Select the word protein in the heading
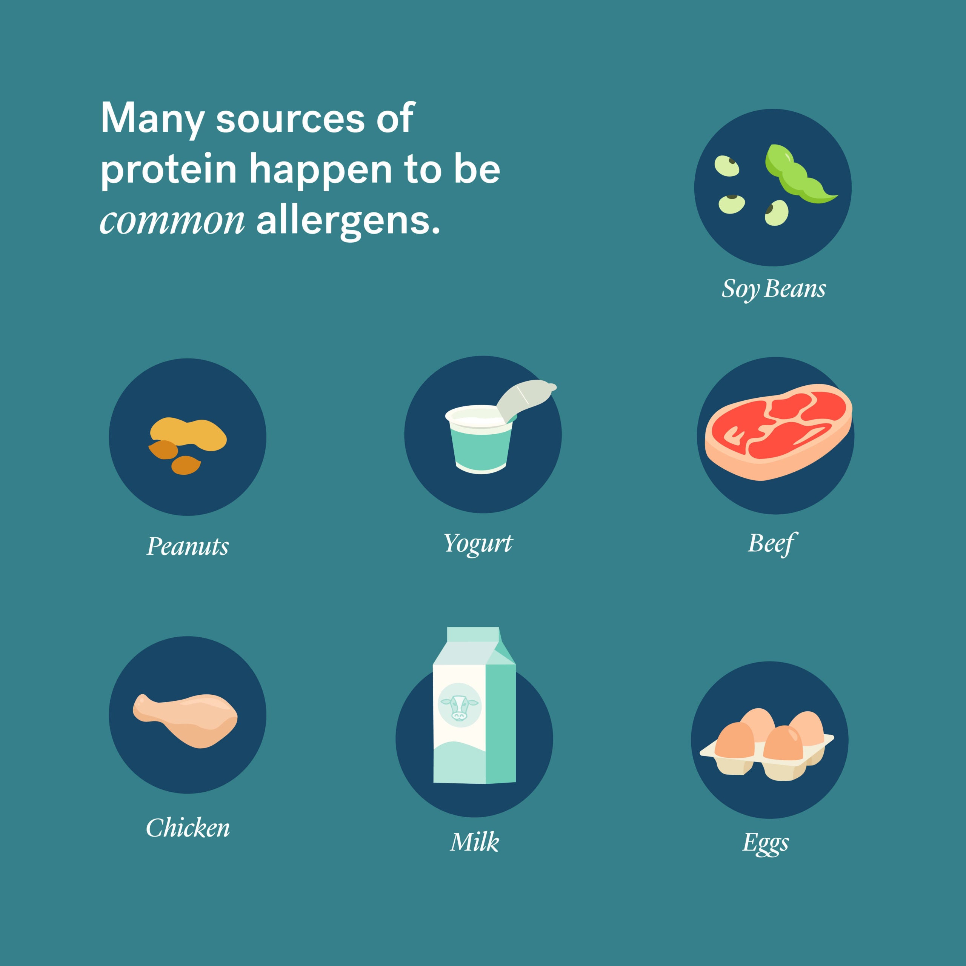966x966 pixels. coord(169,171)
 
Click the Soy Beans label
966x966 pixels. coord(774,289)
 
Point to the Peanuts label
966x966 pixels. coord(188,546)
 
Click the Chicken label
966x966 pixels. coord(188,828)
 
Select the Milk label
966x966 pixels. coord(474,841)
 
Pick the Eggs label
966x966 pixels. coord(766,843)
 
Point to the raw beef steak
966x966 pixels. coord(778,432)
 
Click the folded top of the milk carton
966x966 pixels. coord(474,646)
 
